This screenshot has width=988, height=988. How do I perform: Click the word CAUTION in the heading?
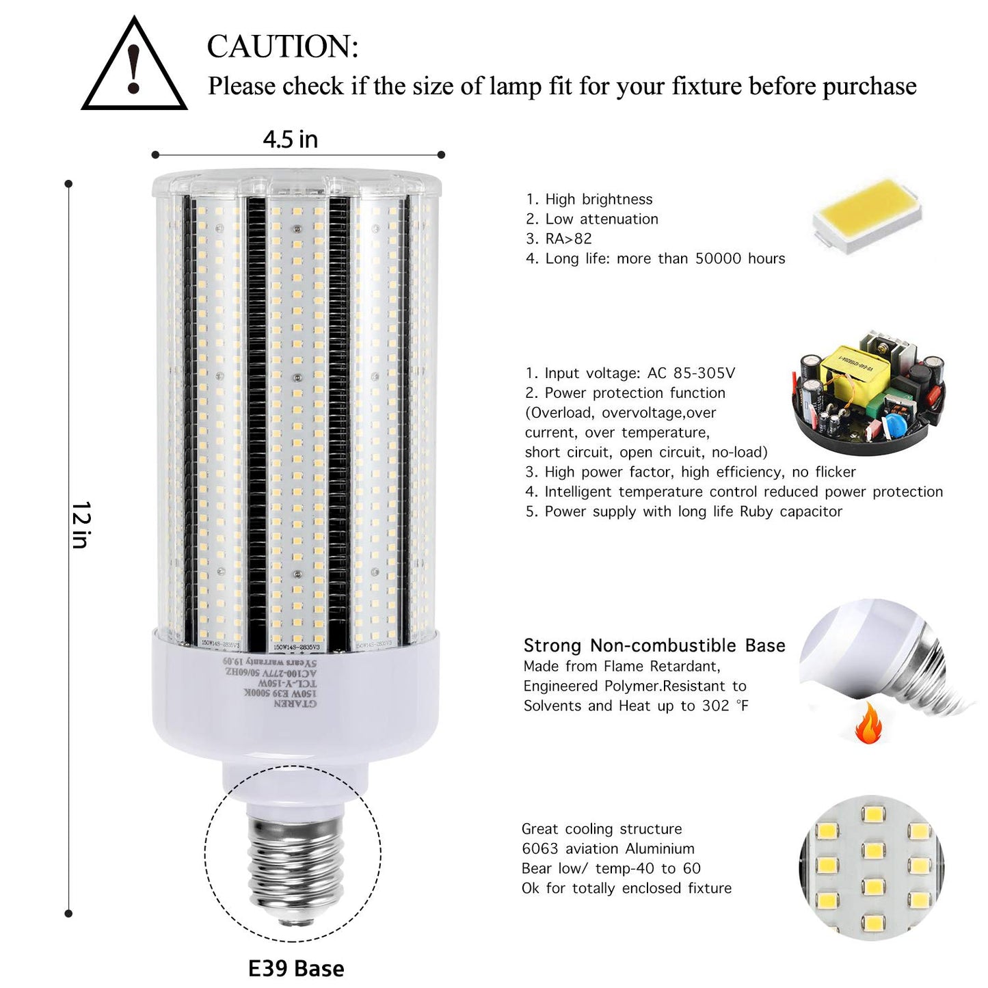(x=282, y=47)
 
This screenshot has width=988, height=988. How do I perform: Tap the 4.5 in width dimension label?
(x=291, y=139)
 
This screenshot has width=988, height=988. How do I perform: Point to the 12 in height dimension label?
(x=81, y=524)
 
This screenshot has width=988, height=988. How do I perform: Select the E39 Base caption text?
(x=296, y=968)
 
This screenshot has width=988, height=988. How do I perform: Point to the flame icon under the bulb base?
(x=868, y=725)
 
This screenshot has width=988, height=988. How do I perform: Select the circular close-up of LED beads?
(x=872, y=867)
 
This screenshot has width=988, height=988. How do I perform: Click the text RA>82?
(x=568, y=239)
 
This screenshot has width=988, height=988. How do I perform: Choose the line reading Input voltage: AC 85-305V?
(x=630, y=373)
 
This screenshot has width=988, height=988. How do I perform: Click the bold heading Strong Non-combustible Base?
(x=654, y=645)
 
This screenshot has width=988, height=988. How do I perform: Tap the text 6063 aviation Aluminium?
(x=608, y=849)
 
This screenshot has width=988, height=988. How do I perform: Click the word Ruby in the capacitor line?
(x=756, y=511)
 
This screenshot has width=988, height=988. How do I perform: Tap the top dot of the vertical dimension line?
(x=68, y=184)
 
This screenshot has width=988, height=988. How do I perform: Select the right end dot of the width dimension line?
(x=441, y=155)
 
